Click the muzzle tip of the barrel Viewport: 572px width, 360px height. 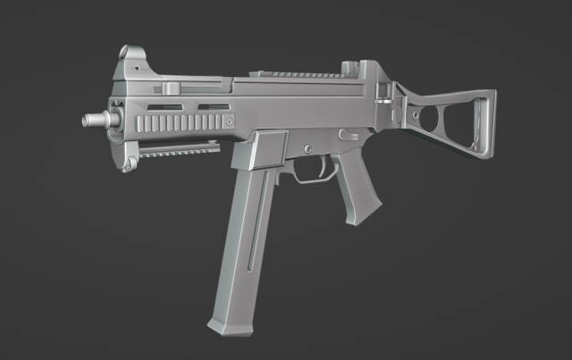pyautogui.click(x=88, y=119)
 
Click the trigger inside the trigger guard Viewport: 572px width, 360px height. pyautogui.click(x=319, y=166)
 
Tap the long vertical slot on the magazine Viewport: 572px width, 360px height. pyautogui.click(x=254, y=223)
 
